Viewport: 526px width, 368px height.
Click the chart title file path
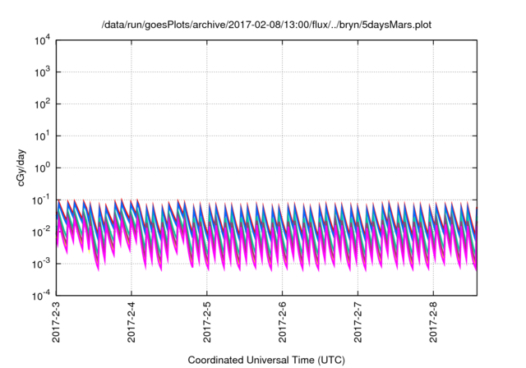tap(265, 25)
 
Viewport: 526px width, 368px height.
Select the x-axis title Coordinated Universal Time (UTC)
tap(266, 360)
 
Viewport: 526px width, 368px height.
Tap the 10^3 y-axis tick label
tap(43, 72)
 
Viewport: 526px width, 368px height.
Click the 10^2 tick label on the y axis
tap(43, 104)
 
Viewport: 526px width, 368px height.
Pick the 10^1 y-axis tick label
tap(43, 136)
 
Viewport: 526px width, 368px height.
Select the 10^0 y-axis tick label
tap(43, 168)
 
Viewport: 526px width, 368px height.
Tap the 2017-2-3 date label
tap(57, 323)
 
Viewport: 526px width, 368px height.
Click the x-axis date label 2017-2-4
tap(132, 323)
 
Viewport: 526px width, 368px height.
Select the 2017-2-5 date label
tap(208, 323)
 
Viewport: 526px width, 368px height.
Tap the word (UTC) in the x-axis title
tap(328, 360)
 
